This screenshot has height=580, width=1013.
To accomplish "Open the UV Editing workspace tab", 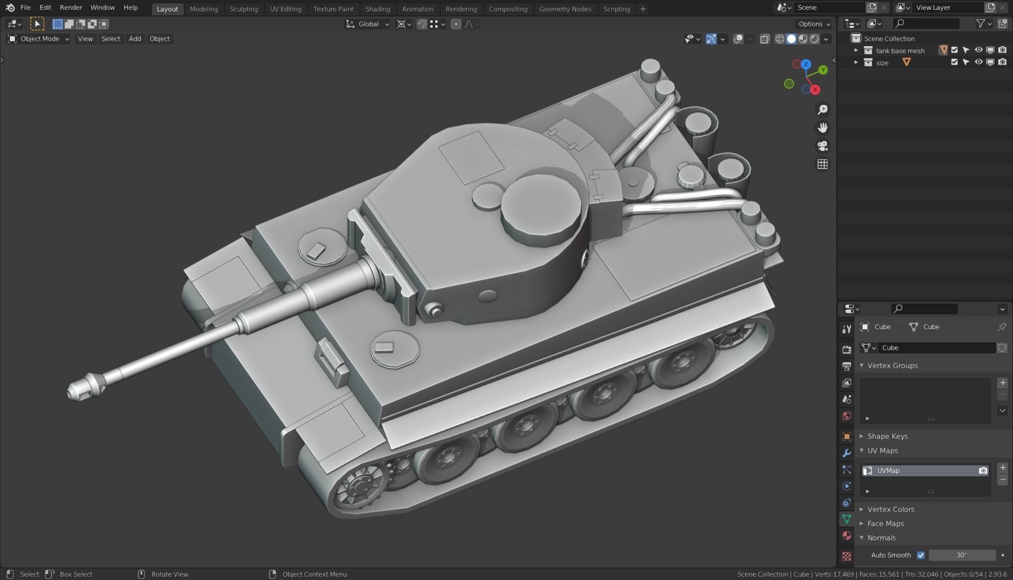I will pos(285,9).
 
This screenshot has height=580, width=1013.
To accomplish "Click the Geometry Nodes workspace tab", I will pos(565,9).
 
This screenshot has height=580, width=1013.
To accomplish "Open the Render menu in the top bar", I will pos(71,8).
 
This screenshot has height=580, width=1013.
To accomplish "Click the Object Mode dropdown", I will pos(38,39).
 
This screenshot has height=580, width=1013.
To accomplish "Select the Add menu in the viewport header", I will pos(134,39).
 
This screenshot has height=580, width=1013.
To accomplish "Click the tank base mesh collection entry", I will pos(899,50).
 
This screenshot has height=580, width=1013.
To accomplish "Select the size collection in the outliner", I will pos(882,63).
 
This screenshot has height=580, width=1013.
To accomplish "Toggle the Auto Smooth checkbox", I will pos(921,555).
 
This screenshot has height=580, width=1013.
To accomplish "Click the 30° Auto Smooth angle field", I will pos(961,555).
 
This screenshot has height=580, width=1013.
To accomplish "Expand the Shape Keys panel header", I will pos(887,436).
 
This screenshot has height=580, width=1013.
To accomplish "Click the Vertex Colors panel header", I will pos(890,509).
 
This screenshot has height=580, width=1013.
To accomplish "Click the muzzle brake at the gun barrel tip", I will pos(83,387).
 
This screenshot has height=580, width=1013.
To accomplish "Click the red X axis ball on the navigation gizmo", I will pos(815,89).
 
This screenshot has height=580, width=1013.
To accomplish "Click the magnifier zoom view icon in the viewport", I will pos(822,110).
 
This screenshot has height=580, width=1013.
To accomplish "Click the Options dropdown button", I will pos(814,24).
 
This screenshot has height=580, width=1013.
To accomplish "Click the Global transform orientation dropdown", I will pos(368,24).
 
